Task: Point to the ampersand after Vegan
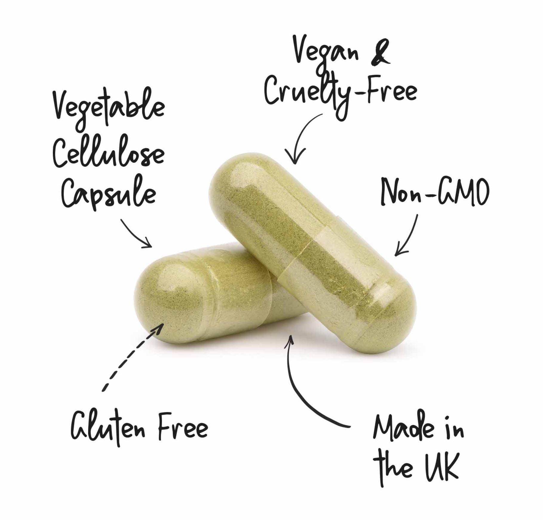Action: click(381, 54)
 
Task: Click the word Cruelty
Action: click(306, 91)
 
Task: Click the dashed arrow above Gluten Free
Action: click(131, 358)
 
